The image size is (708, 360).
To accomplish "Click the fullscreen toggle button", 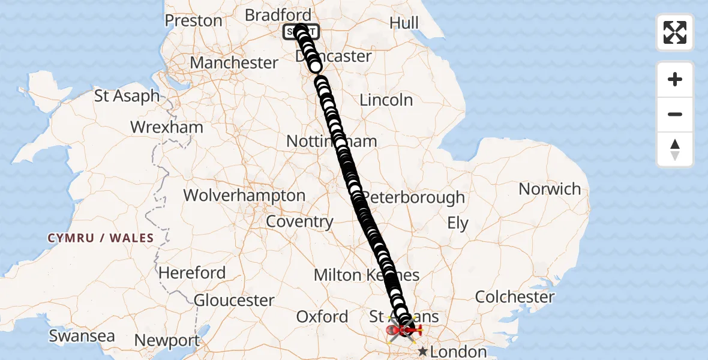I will (675, 32).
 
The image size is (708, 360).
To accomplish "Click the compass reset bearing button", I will (675, 149).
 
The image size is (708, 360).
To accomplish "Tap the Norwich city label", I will (550, 189).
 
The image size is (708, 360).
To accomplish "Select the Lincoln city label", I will (386, 100).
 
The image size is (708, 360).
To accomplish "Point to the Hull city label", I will (404, 23).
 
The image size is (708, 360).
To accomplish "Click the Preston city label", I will (193, 20).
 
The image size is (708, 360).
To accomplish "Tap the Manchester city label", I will (234, 62).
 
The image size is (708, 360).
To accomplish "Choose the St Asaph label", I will (127, 95).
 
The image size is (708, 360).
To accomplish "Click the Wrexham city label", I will (167, 127).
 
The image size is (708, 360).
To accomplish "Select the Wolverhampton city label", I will (244, 196).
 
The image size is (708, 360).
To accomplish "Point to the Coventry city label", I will (299, 221).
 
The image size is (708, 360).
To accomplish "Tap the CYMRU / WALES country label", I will (101, 238).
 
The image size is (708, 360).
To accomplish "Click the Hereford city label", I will (192, 272).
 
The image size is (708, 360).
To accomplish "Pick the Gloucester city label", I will (234, 300).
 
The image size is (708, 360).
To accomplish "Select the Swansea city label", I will (82, 336).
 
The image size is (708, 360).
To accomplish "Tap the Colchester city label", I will (515, 296).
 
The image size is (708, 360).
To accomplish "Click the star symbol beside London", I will (423, 351).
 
